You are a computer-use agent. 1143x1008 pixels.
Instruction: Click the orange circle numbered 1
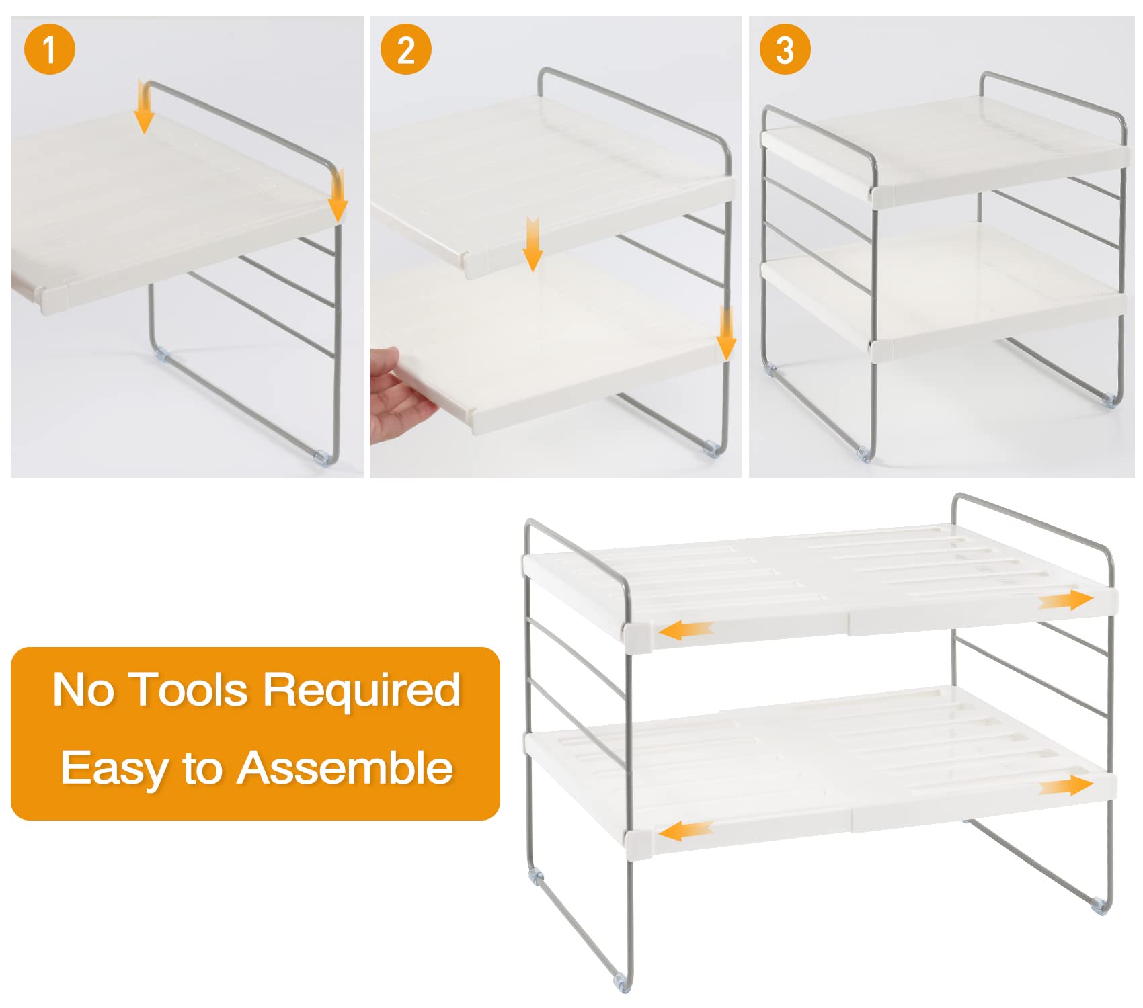pos(50,49)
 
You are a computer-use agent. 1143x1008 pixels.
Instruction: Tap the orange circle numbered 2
pos(405,49)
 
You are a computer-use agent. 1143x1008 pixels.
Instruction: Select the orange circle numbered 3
pos(785,49)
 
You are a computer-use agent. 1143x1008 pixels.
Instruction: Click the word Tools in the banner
pos(189,690)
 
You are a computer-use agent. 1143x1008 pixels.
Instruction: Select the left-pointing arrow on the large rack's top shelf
pos(686,630)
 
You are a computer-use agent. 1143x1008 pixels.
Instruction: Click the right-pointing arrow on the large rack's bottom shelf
pos(1066,785)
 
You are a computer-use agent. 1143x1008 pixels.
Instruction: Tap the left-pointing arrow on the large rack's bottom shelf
pos(686,831)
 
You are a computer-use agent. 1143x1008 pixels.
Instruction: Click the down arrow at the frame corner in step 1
pos(338,196)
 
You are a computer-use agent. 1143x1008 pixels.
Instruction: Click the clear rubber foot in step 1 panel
pos(323,457)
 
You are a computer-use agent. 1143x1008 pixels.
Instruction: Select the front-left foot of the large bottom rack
pos(623,985)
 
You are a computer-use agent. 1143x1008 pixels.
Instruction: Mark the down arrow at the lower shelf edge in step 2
pos(726,334)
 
